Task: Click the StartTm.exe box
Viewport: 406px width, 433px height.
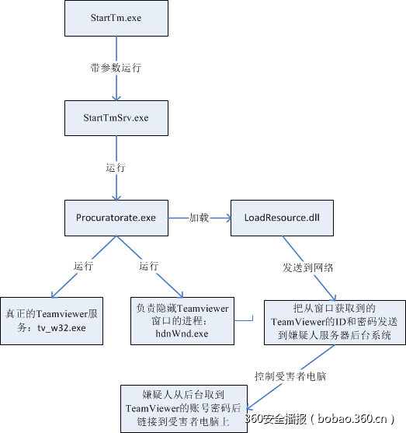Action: tap(116, 17)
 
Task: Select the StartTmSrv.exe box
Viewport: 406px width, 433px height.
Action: tap(116, 118)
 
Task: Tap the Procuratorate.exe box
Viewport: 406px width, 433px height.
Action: tap(116, 218)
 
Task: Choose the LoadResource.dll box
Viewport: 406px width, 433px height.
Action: tap(283, 218)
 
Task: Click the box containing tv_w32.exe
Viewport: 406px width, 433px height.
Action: tap(51, 320)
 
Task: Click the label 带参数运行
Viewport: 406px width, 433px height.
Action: tap(116, 68)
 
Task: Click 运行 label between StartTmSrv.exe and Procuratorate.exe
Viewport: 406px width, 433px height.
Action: tap(116, 168)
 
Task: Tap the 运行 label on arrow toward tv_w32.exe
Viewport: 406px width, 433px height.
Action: tap(83, 266)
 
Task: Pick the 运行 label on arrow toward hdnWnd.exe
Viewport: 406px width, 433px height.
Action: tap(148, 266)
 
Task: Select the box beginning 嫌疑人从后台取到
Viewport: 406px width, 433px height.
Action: tap(183, 407)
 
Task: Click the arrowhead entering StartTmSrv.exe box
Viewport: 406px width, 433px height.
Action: tap(116, 97)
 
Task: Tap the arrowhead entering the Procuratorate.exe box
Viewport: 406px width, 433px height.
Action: tap(116, 197)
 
